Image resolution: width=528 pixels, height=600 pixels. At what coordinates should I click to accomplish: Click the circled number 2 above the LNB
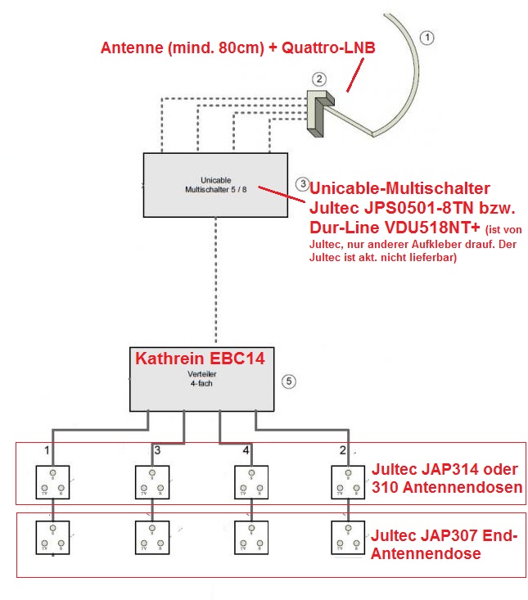pos(320,79)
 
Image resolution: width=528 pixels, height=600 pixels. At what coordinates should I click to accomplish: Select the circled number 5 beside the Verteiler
pos(287,381)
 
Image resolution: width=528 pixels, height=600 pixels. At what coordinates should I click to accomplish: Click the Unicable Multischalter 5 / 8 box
pos(215,185)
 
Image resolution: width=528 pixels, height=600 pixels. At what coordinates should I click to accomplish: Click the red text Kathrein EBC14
pos(201,358)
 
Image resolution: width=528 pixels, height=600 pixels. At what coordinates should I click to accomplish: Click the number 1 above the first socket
pos(47,450)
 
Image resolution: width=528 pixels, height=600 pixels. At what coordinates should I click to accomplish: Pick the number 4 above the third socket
pos(246,450)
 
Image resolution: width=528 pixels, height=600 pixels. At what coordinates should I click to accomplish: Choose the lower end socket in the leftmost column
pos(53,537)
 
